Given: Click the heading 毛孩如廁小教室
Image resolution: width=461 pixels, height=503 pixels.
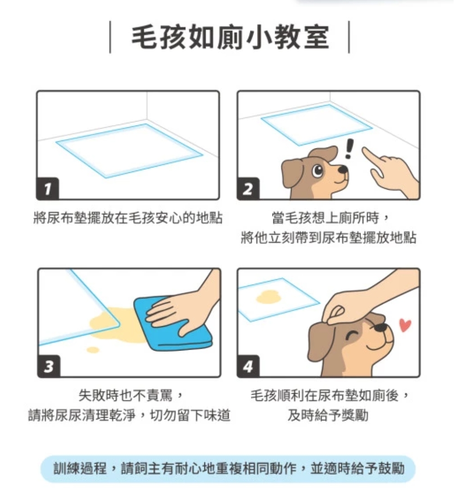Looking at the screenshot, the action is tap(230, 37).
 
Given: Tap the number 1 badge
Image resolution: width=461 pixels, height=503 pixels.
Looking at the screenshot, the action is tap(48, 189).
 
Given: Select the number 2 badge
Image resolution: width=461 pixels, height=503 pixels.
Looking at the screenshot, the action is tap(248, 189).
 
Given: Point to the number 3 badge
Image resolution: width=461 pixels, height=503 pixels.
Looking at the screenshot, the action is tap(49, 366).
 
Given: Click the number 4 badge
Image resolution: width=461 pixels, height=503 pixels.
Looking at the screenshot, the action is tap(248, 366).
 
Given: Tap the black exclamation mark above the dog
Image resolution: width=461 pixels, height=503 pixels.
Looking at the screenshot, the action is tap(349, 148).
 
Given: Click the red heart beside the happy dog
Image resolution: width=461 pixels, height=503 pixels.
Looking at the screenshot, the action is tap(405, 325).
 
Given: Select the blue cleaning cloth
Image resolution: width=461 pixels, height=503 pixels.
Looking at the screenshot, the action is tap(173, 324).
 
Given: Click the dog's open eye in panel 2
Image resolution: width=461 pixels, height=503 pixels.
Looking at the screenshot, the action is tap(318, 170).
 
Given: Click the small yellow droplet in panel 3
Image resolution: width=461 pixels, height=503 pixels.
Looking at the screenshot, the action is tap(93, 349).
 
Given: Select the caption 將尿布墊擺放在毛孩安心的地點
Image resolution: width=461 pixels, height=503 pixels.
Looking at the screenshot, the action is tap(128, 218).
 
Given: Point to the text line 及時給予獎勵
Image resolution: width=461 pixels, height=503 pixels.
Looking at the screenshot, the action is tap(328, 415).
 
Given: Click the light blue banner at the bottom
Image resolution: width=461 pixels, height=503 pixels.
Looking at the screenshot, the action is tap(228, 469).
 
